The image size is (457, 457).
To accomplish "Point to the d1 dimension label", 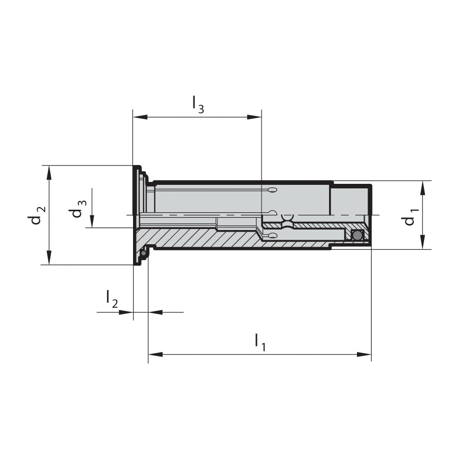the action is point(411,217).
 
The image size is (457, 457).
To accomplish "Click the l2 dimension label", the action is point(112,299).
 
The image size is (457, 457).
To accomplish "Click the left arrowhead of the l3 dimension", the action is point(140,117).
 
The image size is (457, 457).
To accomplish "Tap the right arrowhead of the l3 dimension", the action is point(254,117).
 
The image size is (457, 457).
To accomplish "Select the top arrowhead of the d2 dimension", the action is point(49,173).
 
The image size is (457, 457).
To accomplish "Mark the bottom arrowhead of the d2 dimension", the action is point(49,257).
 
